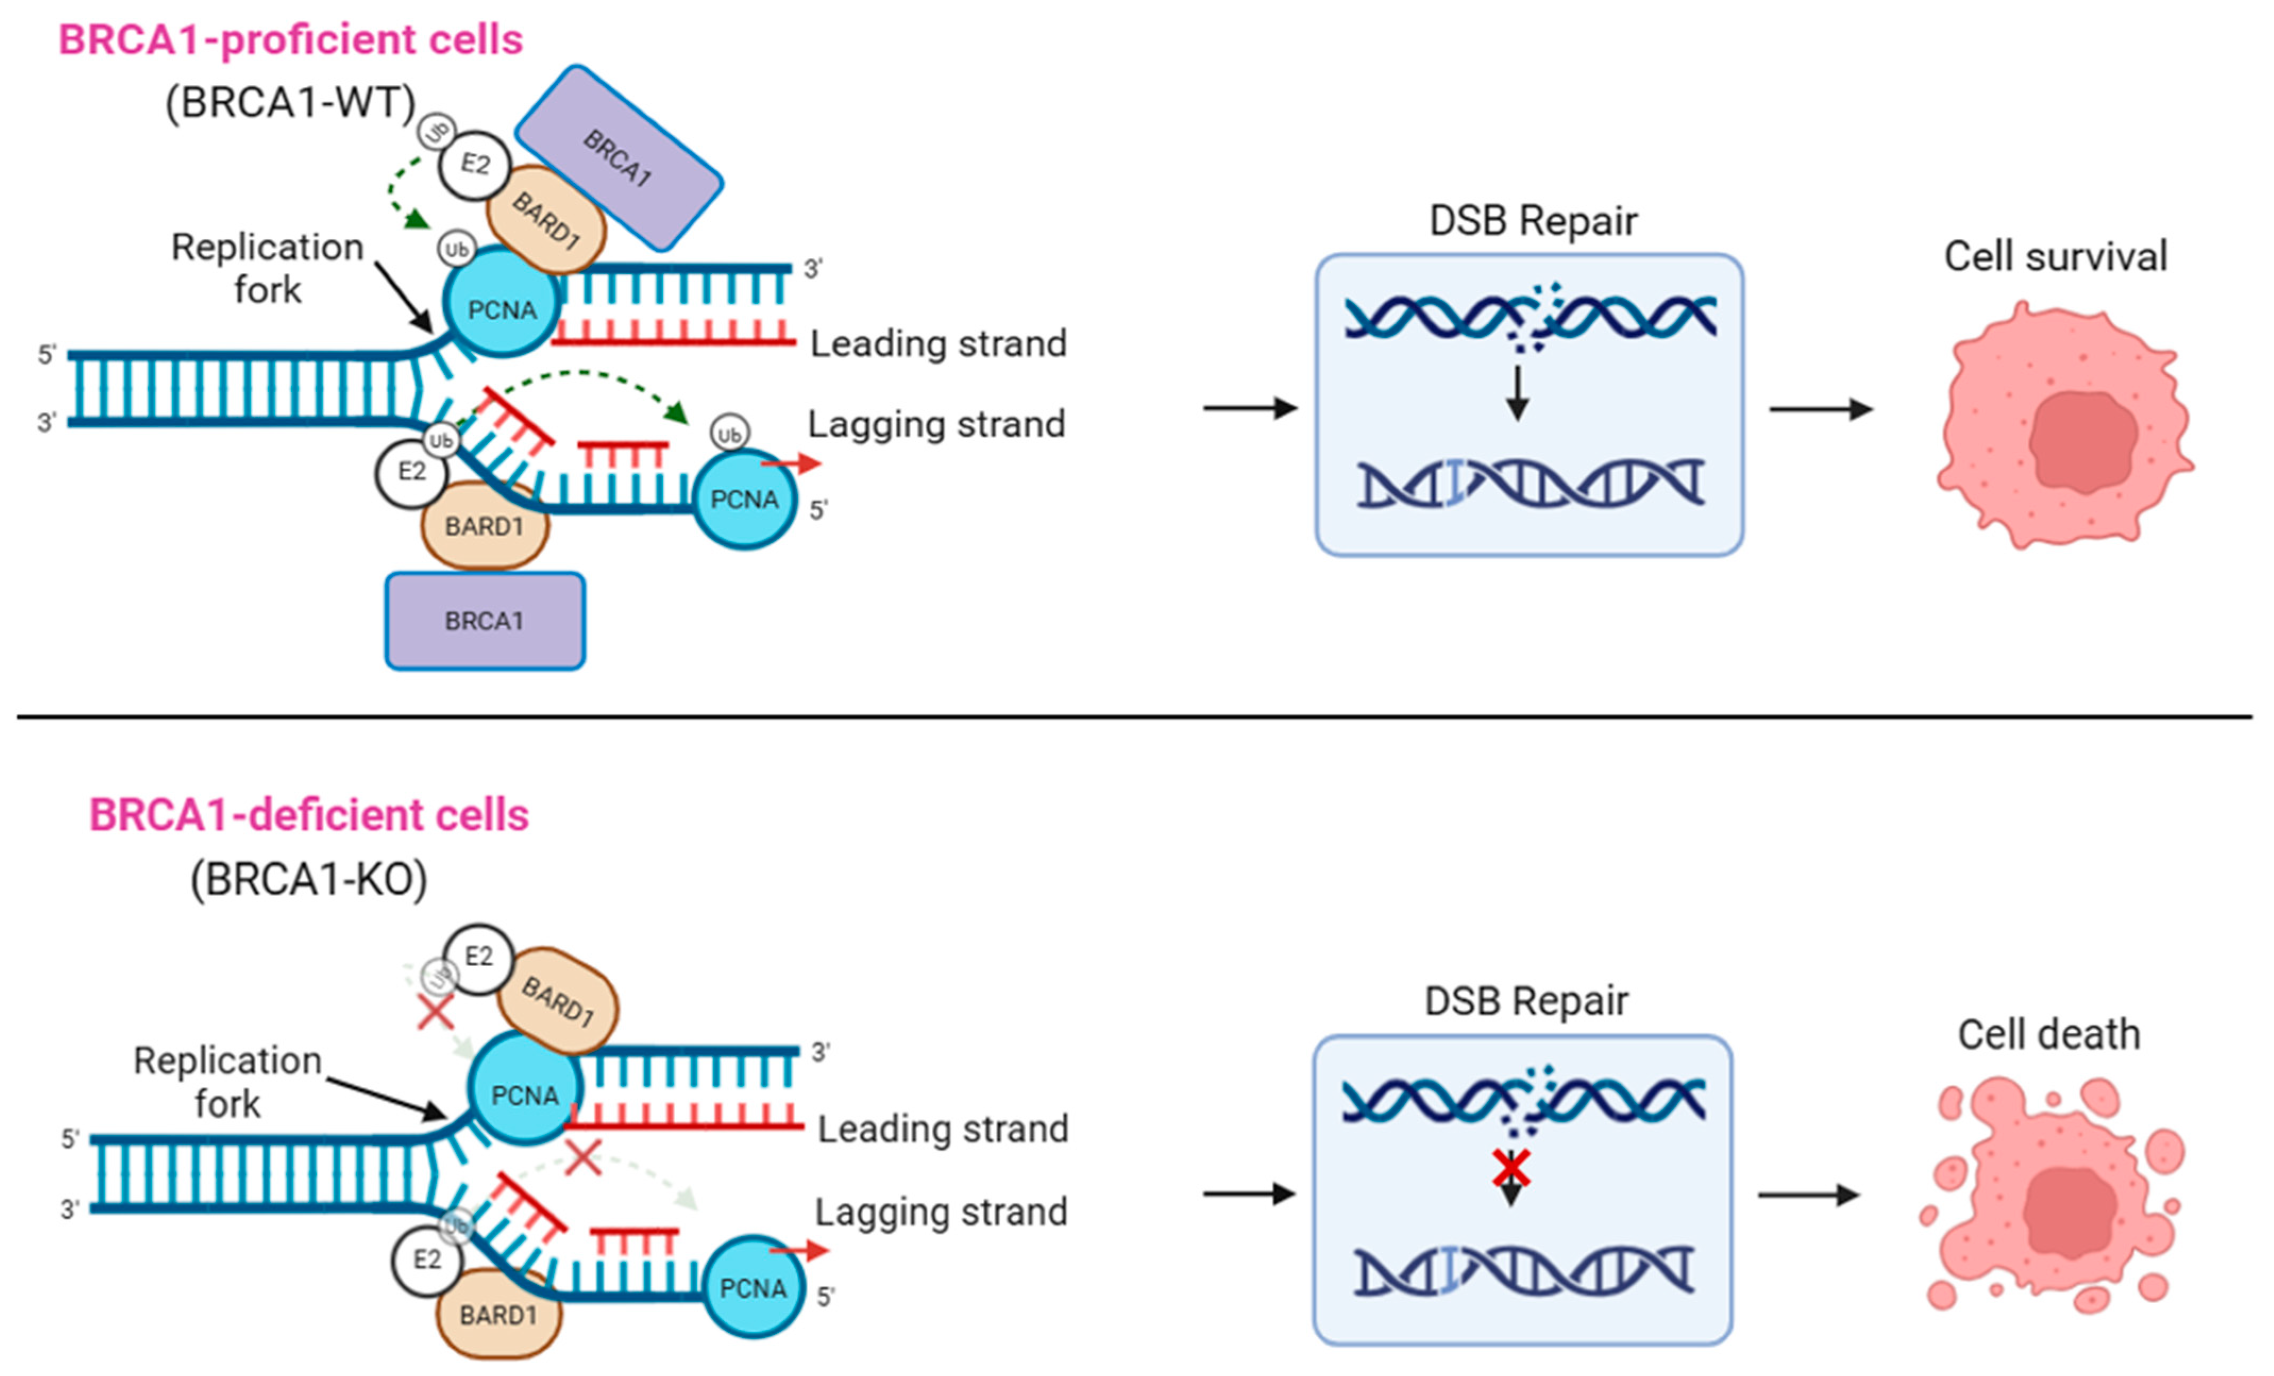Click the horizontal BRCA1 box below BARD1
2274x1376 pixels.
coord(485,621)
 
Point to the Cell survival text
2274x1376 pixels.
coord(2055,257)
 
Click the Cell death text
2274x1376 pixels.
coord(2049,1035)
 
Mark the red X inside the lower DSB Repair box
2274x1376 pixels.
coord(1511,1168)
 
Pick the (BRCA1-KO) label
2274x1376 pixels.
coord(308,880)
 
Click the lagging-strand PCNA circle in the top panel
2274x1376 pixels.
coord(745,499)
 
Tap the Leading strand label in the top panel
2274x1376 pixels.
coord(937,343)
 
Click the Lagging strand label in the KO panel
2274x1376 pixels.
coord(941,1212)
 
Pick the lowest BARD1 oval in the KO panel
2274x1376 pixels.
coord(498,1314)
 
